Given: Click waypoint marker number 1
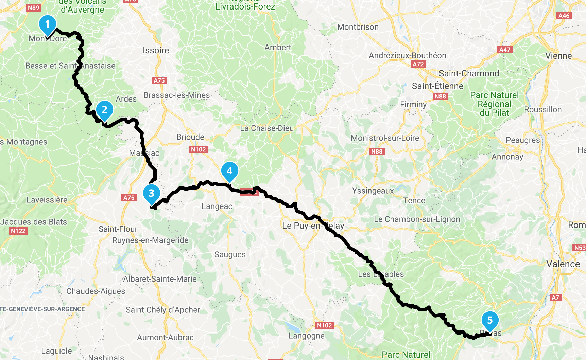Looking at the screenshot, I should pyautogui.click(x=48, y=25).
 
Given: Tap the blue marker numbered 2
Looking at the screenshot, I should pyautogui.click(x=105, y=110).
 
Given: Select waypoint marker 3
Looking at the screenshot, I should pyautogui.click(x=152, y=193).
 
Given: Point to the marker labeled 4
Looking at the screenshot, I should pyautogui.click(x=230, y=171).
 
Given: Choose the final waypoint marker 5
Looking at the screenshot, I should pyautogui.click(x=490, y=320).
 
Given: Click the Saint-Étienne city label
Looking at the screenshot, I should pyautogui.click(x=437, y=86).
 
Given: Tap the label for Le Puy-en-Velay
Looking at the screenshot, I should pyautogui.click(x=313, y=226).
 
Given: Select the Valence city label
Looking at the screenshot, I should pyautogui.click(x=563, y=264).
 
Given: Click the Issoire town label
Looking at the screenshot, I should pyautogui.click(x=156, y=51).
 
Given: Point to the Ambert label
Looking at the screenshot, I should pyautogui.click(x=278, y=48).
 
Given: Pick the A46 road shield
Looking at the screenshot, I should pyautogui.click(x=564, y=16).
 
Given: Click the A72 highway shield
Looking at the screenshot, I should pyautogui.click(x=418, y=64).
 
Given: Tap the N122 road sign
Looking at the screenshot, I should pyautogui.click(x=18, y=231).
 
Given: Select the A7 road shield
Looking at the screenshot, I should pyautogui.click(x=555, y=298).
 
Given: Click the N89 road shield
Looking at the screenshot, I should pyautogui.click(x=33, y=8).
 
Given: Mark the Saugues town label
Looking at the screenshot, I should pyautogui.click(x=230, y=255).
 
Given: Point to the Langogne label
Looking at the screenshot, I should pyautogui.click(x=306, y=336).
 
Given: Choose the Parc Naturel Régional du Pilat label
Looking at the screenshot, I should pyautogui.click(x=494, y=104).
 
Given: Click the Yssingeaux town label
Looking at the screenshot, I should pyautogui.click(x=373, y=191).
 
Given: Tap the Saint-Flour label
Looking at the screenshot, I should pyautogui.click(x=118, y=229).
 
